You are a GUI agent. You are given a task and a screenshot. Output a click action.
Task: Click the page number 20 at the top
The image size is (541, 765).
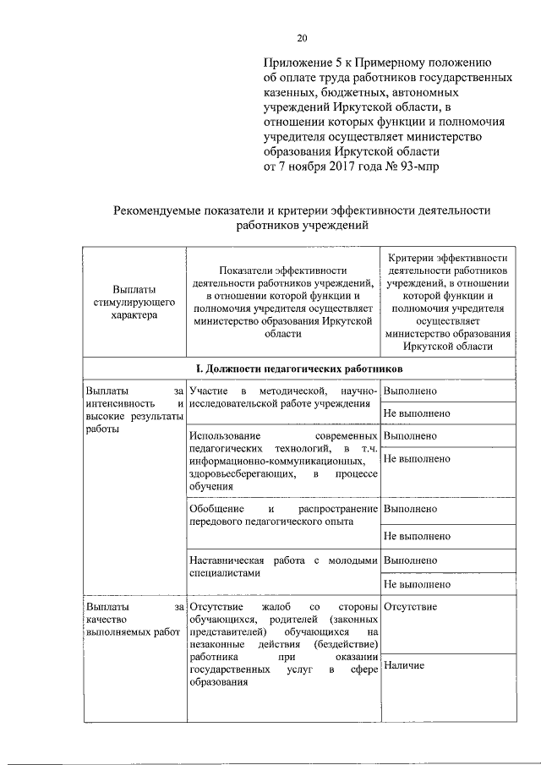pyautogui.click(x=303, y=37)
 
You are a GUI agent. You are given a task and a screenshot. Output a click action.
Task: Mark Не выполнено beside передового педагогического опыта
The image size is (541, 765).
pyautogui.click(x=417, y=536)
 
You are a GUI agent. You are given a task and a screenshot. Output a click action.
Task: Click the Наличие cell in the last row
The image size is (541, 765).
pyautogui.click(x=404, y=666)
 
